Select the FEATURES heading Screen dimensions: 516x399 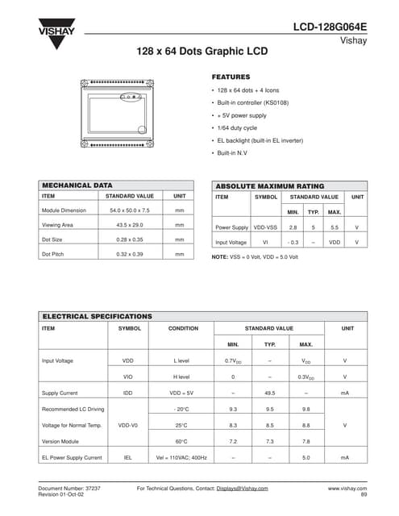tap(231, 77)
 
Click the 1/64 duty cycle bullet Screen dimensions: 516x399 tap(237, 127)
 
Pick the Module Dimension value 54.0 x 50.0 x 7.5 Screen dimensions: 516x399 tap(129, 210)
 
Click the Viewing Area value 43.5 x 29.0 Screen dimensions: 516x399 tap(129, 225)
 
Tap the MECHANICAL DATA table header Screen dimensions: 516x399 tap(77, 185)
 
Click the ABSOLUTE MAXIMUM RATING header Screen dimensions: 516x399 tap(270, 185)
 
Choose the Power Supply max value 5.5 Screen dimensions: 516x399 tap(335, 227)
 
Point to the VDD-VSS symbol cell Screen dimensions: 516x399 tap(265, 227)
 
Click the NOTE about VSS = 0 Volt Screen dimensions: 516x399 tap(255, 256)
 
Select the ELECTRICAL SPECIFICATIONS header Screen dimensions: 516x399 tap(97, 316)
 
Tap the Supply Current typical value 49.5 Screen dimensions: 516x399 tap(270, 393)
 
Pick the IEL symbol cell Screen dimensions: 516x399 tap(127, 457)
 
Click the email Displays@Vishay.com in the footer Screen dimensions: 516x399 tap(242, 489)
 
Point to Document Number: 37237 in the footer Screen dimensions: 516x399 tap(70, 489)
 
